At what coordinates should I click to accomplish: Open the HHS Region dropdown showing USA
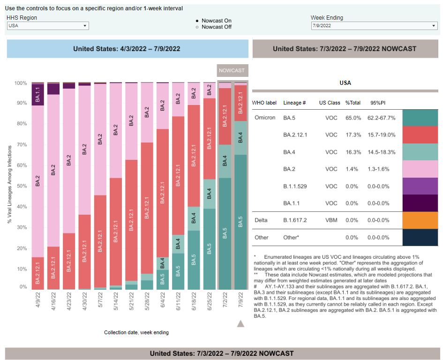point(48,26)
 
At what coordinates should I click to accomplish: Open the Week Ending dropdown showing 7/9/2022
point(374,26)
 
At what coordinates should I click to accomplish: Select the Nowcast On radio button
point(197,21)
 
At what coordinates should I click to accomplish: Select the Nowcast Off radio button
point(197,27)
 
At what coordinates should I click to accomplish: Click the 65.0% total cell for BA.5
point(353,118)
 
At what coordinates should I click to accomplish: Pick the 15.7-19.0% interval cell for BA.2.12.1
point(382,135)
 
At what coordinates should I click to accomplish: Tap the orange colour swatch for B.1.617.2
point(420,220)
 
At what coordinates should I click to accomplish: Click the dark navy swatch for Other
point(420,237)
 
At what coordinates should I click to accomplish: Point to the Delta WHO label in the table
point(261,220)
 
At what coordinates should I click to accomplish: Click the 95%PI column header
point(378,103)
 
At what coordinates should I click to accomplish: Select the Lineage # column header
point(294,103)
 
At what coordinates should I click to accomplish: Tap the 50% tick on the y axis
point(21,186)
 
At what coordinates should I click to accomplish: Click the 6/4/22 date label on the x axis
point(162,307)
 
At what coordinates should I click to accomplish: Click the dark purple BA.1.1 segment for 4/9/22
point(38,95)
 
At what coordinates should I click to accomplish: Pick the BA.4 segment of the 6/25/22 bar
point(209,194)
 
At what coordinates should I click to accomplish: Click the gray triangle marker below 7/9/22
point(240,323)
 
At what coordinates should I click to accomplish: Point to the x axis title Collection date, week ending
point(136,333)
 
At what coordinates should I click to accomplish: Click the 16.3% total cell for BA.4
point(353,152)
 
